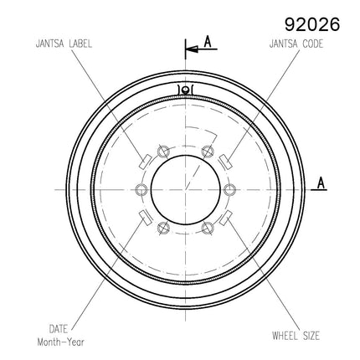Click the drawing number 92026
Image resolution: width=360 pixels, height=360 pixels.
coord(312,24)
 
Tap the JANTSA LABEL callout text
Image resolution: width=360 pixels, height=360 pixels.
coord(64,44)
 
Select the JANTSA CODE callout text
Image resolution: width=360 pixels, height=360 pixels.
coord(296,44)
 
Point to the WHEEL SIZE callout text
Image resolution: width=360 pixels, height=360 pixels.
coord(296,336)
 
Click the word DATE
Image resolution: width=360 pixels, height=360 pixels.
coord(59,329)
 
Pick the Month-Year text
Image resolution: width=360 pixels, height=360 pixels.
coord(60,342)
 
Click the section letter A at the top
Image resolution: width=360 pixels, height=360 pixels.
coord(208,42)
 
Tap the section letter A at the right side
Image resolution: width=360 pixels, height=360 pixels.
coord(321,183)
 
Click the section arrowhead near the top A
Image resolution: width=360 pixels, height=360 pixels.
coord(192,49)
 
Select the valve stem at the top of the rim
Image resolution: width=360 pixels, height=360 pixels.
coord(185,90)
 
